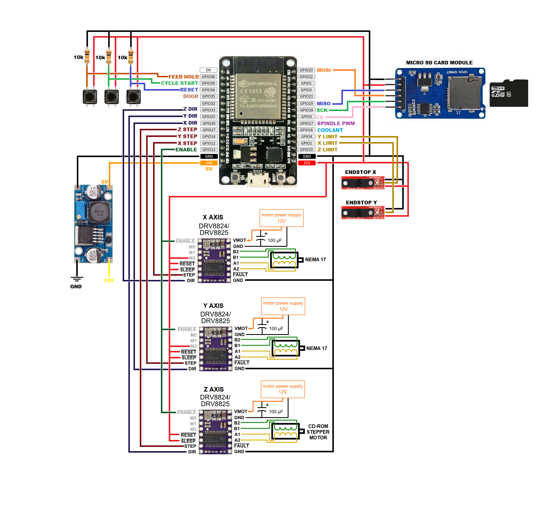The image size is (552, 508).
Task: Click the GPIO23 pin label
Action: click(306, 70)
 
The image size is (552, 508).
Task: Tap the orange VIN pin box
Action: click(209, 163)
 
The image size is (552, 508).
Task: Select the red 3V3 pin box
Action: click(307, 163)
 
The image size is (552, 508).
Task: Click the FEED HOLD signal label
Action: click(183, 77)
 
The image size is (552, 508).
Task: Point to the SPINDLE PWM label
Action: click(336, 123)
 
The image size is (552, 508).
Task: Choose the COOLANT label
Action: click(330, 130)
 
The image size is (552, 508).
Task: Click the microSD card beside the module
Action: click(509, 93)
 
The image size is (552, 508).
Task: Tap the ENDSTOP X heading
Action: click(360, 172)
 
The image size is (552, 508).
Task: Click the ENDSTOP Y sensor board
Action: click(363, 212)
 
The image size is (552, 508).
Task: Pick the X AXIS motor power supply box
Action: click(281, 218)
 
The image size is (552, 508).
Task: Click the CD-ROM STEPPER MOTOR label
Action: click(318, 432)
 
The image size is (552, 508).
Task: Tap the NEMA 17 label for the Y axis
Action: click(317, 348)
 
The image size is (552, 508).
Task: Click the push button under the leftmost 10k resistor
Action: click(90, 97)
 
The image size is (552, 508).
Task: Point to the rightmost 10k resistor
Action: click(131, 57)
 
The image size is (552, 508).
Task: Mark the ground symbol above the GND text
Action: click(77, 279)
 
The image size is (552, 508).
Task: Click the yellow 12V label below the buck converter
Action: click(109, 280)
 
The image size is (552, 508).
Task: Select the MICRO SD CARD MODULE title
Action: click(439, 63)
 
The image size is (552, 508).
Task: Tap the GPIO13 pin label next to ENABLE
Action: click(209, 150)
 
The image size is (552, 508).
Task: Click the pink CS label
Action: click(320, 117)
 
